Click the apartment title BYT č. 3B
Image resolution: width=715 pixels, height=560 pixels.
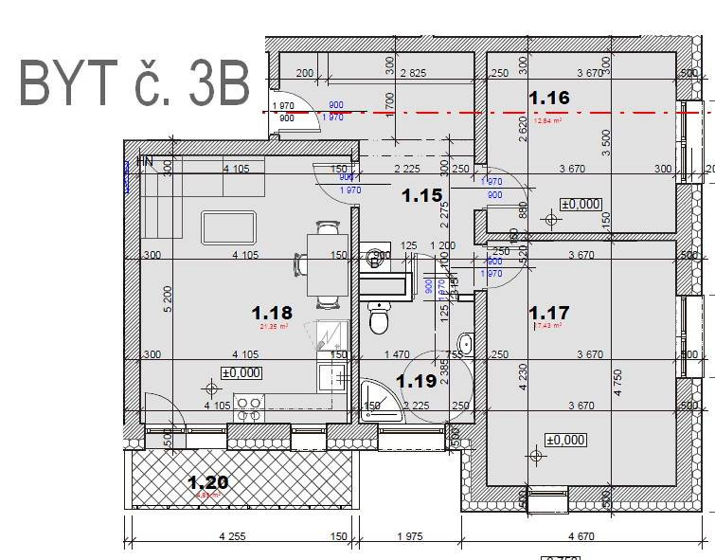(134, 84)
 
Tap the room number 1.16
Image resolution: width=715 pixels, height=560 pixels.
(548, 98)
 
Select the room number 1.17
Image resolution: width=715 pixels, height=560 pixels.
(548, 312)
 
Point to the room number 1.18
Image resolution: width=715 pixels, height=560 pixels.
(272, 312)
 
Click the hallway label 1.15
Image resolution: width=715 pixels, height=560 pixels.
(421, 196)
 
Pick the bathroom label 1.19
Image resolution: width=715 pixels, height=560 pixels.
(416, 381)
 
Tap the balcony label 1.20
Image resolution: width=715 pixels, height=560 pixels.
(207, 482)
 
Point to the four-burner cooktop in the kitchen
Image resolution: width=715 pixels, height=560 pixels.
(249, 407)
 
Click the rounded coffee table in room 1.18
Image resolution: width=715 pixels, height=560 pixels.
(229, 228)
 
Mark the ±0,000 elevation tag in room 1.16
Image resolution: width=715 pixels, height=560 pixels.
(581, 204)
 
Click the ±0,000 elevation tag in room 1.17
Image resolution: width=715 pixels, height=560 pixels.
(565, 440)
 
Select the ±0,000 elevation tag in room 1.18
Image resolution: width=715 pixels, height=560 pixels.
(241, 373)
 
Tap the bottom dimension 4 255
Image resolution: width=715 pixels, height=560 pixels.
(232, 536)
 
